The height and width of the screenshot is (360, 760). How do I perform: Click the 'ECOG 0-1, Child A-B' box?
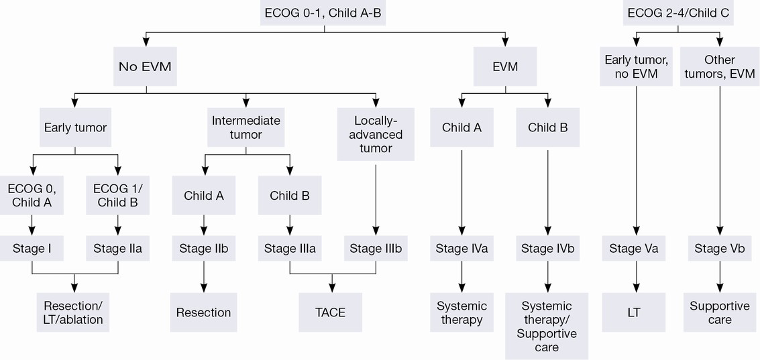pos(324,13)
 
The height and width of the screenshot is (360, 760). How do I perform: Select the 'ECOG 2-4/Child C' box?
pos(678,13)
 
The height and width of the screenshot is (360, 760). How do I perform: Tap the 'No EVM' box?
pos(145,66)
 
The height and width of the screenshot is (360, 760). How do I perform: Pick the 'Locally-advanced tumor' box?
pos(376,133)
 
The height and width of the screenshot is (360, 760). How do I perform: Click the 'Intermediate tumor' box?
pos(246,127)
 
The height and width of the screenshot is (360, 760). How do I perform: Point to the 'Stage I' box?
pos(32,249)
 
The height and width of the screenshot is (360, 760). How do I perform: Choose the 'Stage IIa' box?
pos(118,249)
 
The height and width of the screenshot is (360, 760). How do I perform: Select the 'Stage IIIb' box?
pos(376,249)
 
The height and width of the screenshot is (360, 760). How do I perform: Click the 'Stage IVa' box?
pos(462,249)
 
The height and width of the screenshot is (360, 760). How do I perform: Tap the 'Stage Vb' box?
pos(719,249)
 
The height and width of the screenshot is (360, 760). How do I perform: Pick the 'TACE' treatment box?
pos(331,312)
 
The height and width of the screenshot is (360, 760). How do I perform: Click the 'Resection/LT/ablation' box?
pos(73,312)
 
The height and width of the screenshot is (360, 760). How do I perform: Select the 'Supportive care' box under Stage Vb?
pos(719,312)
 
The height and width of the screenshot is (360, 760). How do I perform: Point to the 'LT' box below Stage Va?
pos(633,312)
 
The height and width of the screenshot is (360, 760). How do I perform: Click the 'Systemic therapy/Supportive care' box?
pos(547,326)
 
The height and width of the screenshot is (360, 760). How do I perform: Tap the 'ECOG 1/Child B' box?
pos(118,195)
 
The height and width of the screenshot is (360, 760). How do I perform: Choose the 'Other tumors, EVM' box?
pos(719,66)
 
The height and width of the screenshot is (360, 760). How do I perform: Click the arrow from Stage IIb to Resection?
pos(203,277)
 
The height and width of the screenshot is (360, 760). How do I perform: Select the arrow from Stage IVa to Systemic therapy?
pos(462,277)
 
